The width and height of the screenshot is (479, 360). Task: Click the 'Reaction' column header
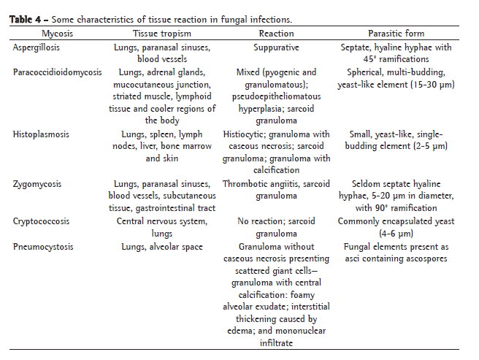tap(277, 34)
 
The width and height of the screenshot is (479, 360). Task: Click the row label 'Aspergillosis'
tap(37, 47)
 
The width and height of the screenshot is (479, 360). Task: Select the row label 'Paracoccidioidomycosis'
tap(58, 72)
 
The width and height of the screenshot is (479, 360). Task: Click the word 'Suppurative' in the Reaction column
tap(277, 47)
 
